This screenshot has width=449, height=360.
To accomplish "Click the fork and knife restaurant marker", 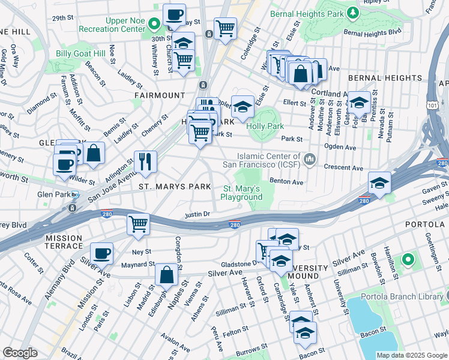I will pyautogui.click(x=145, y=161).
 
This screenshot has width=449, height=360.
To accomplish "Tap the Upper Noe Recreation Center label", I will pyautogui.click(x=125, y=25).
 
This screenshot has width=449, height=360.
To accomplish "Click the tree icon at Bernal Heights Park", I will pyautogui.click(x=354, y=12).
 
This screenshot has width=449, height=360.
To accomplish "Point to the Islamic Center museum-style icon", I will pyautogui.click(x=310, y=158).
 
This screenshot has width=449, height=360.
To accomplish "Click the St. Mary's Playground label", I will pyautogui.click(x=243, y=193).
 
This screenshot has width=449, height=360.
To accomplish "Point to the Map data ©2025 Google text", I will pyautogui.click(x=411, y=355).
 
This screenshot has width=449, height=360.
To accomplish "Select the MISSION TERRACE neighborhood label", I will pyautogui.click(x=64, y=242).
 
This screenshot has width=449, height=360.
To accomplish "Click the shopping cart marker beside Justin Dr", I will pyautogui.click(x=139, y=224).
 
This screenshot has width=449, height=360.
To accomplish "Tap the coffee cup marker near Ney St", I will pyautogui.click(x=102, y=253).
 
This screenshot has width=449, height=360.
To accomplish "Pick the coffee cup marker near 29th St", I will pyautogui.click(x=174, y=14).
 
